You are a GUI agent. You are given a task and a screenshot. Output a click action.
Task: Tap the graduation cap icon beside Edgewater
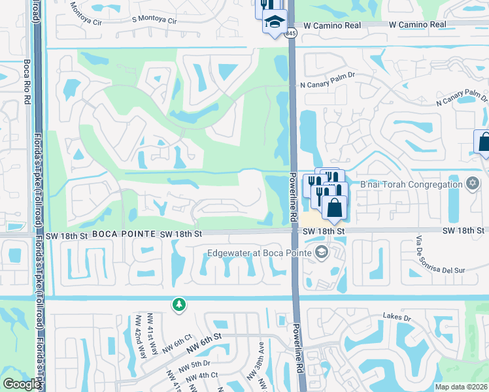(321, 252)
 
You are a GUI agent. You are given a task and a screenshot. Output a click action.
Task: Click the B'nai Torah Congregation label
(411, 184)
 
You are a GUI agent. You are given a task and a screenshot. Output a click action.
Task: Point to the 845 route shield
(291, 33)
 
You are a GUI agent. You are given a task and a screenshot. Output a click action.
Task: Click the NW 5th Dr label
(197, 363)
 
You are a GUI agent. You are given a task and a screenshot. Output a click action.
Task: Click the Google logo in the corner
(21, 384)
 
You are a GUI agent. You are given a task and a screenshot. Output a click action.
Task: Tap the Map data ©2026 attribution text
(461, 387)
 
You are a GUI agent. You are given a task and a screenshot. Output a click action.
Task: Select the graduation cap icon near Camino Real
(275, 21)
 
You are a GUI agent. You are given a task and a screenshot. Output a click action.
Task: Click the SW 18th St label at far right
(463, 231)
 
